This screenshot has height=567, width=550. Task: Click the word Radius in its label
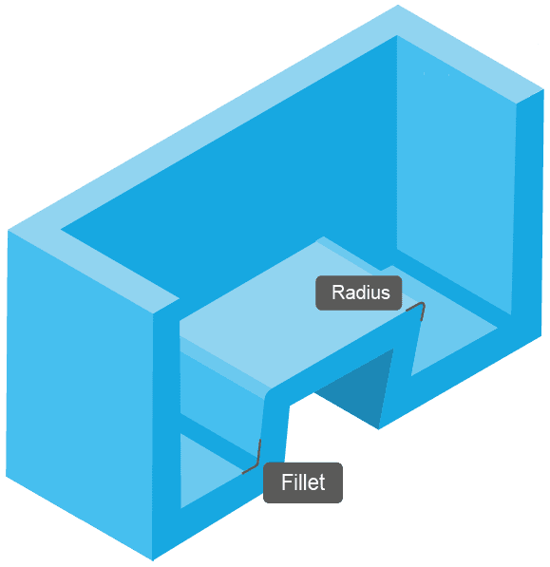coord(360,293)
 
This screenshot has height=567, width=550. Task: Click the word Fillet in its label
coord(303,482)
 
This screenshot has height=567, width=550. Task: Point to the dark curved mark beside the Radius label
coord(416,308)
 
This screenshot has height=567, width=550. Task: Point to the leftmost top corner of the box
coord(8,230)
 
